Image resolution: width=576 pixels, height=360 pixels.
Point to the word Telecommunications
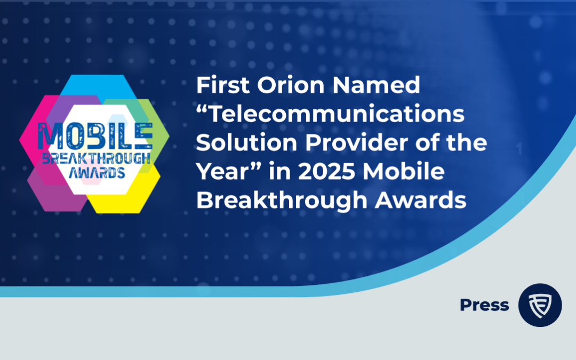click(x=330, y=115)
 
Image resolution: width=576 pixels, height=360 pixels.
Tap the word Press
click(x=484, y=305)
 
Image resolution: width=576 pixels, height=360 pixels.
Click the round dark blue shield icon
click(x=540, y=305)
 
